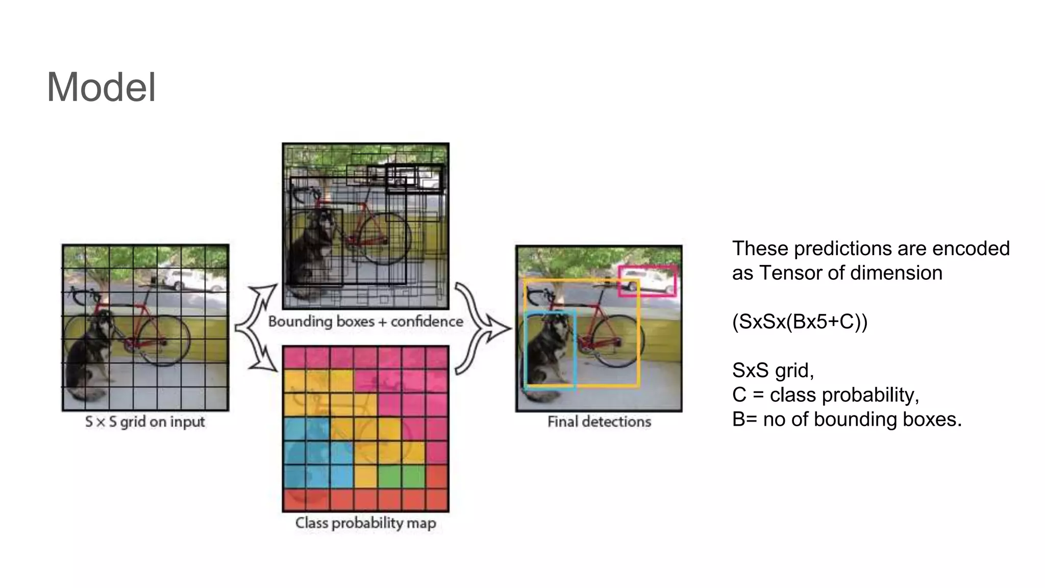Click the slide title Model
(x=101, y=87)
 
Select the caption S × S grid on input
(x=145, y=422)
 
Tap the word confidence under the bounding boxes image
(x=427, y=322)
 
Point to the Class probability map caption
(x=365, y=523)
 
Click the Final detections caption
(x=599, y=422)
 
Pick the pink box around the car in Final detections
(x=647, y=267)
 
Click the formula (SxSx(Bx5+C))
(x=799, y=322)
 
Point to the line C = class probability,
(x=825, y=395)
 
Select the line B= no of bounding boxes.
(x=847, y=419)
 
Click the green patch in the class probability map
(x=401, y=476)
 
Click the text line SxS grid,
(x=773, y=370)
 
